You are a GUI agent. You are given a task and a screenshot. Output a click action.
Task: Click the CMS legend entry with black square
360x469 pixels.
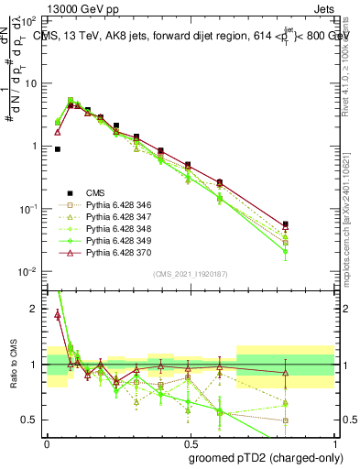[x=95, y=192]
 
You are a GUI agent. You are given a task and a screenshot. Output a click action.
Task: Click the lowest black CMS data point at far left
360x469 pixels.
[x=57, y=148]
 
